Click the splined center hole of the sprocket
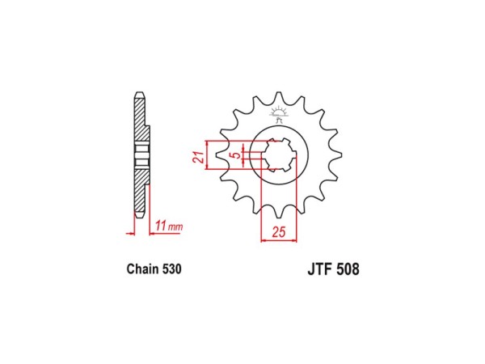(x=279, y=154)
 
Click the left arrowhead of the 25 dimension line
(x=262, y=240)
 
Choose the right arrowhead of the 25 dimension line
(x=297, y=240)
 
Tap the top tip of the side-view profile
(x=138, y=91)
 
